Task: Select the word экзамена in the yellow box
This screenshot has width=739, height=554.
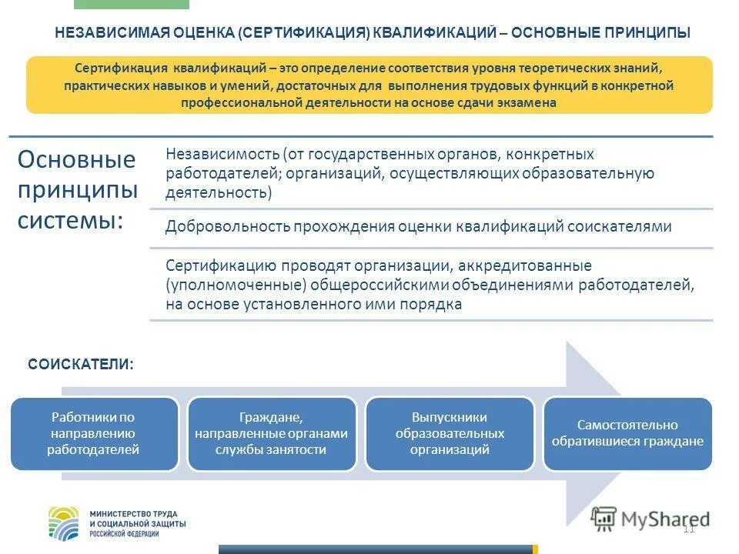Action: pos(529,102)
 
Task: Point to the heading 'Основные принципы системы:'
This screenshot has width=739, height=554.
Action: pos(76,190)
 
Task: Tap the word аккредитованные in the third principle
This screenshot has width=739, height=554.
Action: pos(524,266)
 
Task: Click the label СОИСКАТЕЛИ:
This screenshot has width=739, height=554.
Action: pos(81,364)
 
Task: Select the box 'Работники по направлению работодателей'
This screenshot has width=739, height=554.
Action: pos(93,433)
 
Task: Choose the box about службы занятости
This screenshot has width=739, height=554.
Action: pos(272,433)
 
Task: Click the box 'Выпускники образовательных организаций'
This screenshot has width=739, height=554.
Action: pos(450,433)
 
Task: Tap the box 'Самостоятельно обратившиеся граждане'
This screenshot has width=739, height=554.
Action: pos(627,433)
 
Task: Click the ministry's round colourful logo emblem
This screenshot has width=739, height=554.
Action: pos(64,522)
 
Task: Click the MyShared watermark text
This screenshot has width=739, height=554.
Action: pos(662,518)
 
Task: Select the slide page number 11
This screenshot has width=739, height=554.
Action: pos(688,528)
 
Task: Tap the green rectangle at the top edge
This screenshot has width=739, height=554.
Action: pos(132,4)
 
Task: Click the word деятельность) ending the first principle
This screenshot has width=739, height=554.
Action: pos(219,192)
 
